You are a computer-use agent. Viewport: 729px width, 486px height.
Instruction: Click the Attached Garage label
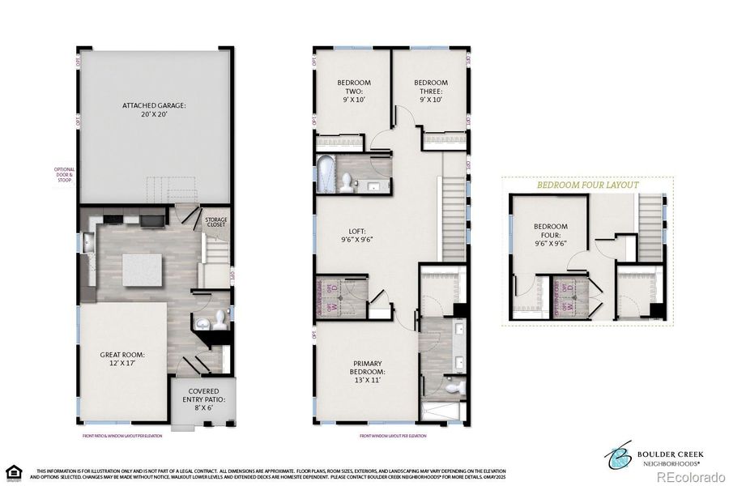point(154,110)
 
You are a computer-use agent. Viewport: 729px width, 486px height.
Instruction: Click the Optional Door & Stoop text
point(64,174)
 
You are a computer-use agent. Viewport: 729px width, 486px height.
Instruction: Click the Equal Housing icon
point(12,471)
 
